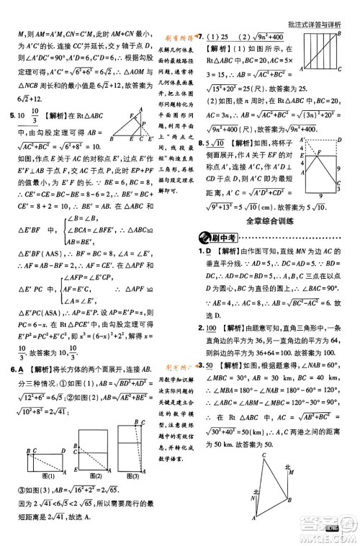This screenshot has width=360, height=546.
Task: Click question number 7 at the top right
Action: (202, 35)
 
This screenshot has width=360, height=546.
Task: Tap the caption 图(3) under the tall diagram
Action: (131, 474)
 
